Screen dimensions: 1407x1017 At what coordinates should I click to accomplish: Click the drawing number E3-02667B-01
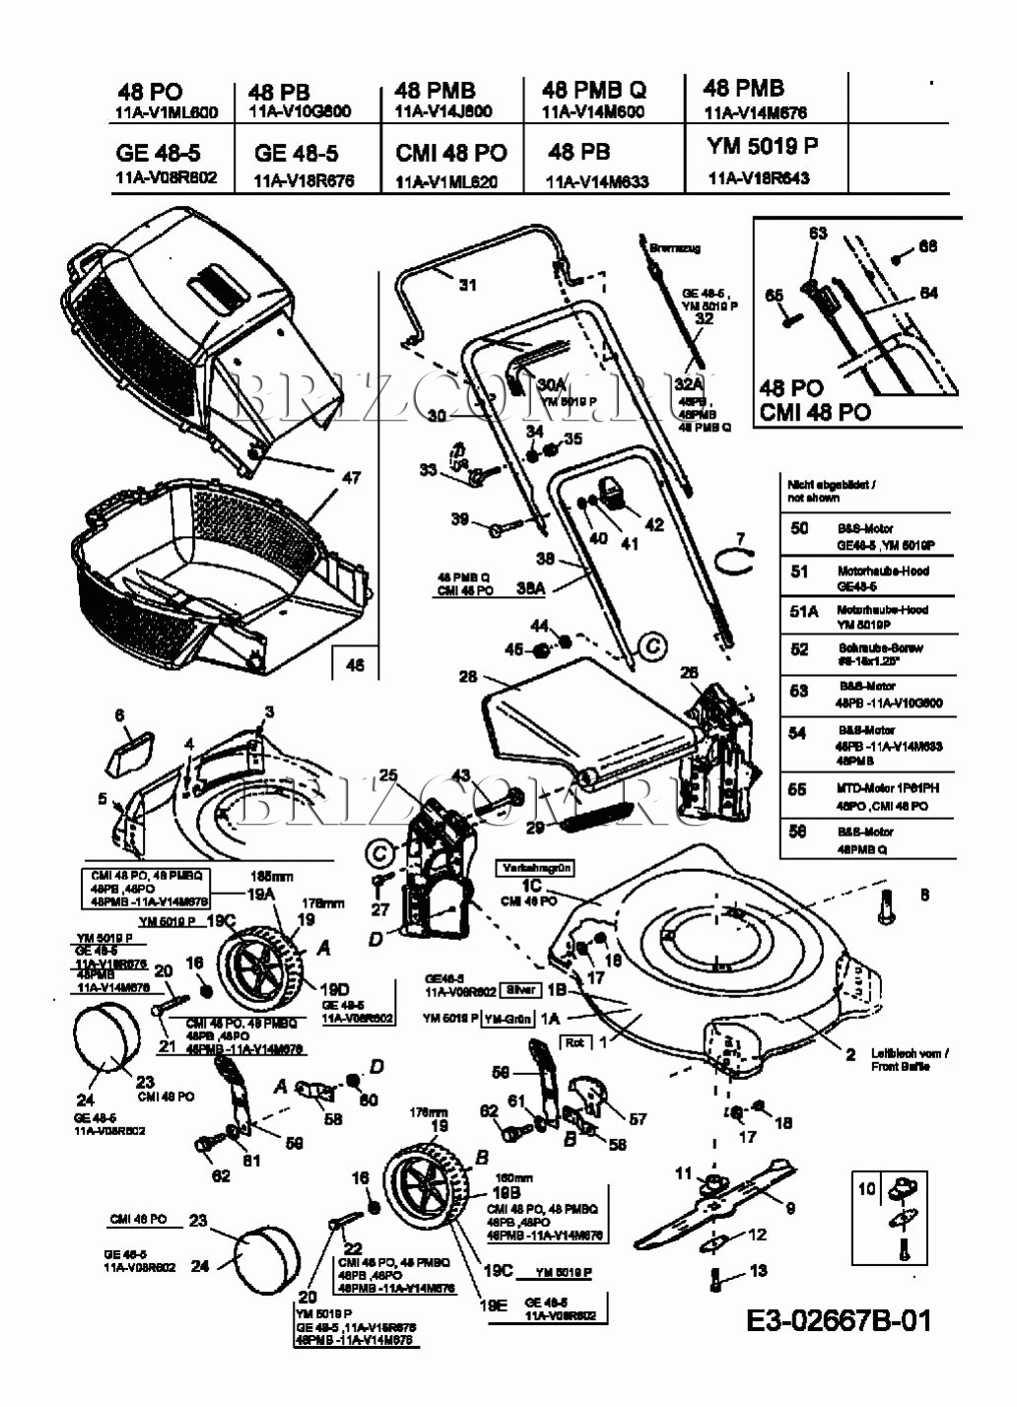[838, 1320]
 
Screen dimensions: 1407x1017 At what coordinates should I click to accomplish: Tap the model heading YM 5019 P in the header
[762, 146]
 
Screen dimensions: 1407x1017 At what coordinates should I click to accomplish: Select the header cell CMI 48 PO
[451, 153]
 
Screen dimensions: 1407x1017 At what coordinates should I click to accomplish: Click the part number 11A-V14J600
[442, 111]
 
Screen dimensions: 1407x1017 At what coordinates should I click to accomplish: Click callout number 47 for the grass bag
[351, 478]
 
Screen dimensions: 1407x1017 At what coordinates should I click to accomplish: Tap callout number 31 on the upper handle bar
[467, 285]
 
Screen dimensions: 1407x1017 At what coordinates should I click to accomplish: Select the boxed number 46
[355, 665]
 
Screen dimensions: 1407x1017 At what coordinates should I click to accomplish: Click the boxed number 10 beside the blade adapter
[866, 1189]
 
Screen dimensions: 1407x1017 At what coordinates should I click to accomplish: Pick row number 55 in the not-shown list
[798, 789]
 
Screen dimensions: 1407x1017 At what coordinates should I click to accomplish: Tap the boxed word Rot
[575, 1041]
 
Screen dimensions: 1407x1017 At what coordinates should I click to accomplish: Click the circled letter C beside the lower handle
[650, 646]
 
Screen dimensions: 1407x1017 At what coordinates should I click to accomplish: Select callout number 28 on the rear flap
[468, 676]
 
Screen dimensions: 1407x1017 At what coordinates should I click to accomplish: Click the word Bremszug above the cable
[675, 248]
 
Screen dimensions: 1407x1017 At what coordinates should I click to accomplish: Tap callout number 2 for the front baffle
[850, 1054]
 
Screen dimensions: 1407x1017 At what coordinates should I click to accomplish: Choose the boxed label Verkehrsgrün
[533, 868]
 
